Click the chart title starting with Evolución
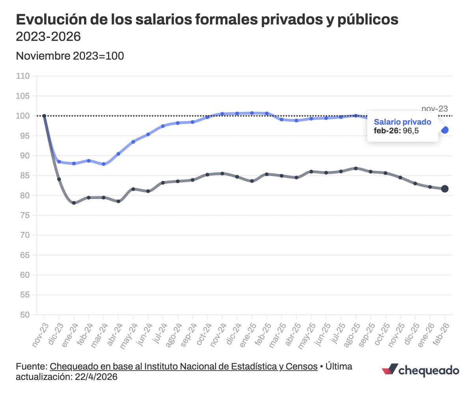click(207, 20)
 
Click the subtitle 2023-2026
click(48, 37)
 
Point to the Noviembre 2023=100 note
click(70, 56)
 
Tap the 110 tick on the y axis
click(24, 76)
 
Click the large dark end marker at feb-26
click(445, 189)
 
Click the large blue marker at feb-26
click(445, 130)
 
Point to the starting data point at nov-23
click(44, 116)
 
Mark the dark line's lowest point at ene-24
click(74, 203)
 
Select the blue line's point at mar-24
click(103, 164)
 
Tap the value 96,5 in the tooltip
click(410, 131)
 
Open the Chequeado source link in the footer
click(184, 366)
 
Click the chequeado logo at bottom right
click(421, 370)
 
